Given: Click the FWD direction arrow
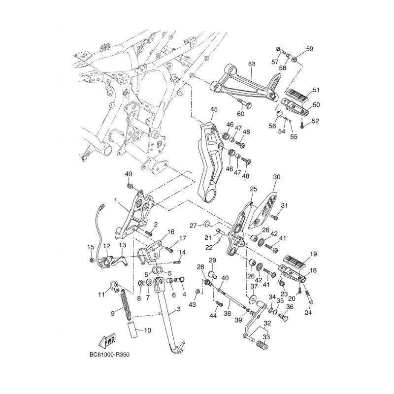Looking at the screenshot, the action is pos(107,341).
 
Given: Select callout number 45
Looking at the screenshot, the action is pos(214,109).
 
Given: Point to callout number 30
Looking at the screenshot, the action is pos(276,177).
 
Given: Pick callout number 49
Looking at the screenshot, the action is pos(129,174).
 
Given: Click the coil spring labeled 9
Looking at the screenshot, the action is pos(127,302).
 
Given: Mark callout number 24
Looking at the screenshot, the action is pos(308,312).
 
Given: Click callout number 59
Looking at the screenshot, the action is pos(310,49).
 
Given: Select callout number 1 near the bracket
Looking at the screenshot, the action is pos(115,200).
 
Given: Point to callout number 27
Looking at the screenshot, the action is pos(193,226).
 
